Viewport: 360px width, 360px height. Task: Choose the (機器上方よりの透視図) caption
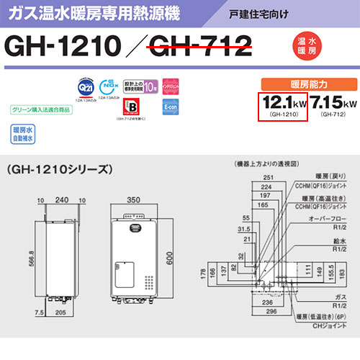[x=259, y=163]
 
